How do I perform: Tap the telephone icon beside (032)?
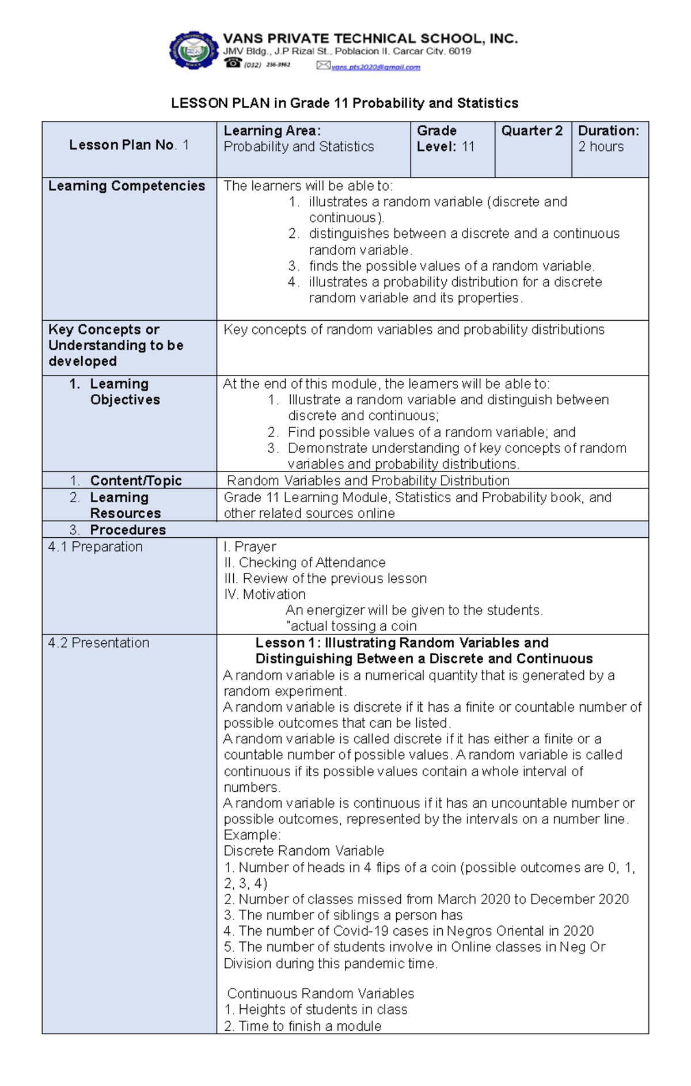click(x=233, y=63)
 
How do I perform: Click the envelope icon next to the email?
click(x=323, y=66)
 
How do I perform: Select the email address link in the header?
click(x=376, y=67)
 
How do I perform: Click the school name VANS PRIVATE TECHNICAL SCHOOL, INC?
click(x=370, y=39)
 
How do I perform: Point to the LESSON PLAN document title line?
click(x=344, y=103)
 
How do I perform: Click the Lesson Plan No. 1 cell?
click(x=129, y=145)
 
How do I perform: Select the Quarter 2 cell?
click(x=531, y=131)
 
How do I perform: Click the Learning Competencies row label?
click(x=127, y=186)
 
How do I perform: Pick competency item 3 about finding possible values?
click(x=451, y=266)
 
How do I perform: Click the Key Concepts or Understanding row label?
click(x=116, y=345)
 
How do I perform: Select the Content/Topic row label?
click(x=135, y=481)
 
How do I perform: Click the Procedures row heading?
click(x=127, y=530)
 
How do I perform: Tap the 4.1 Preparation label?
click(x=96, y=547)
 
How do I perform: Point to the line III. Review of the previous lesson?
click(x=325, y=579)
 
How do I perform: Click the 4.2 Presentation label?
click(x=99, y=643)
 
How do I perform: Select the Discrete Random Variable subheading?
click(x=303, y=851)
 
